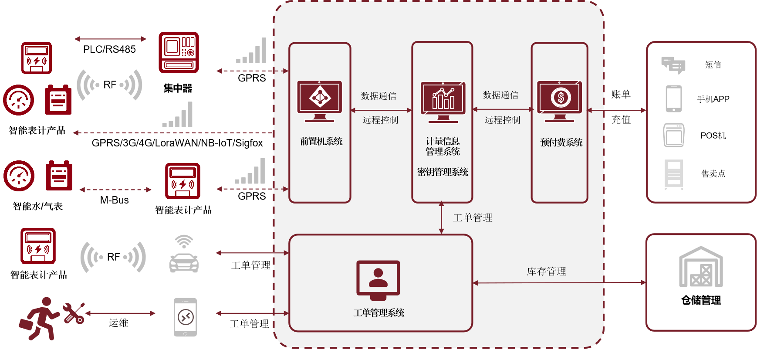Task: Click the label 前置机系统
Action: pyautogui.click(x=321, y=141)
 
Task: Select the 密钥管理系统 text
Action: pyautogui.click(x=443, y=172)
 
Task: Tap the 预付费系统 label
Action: pyautogui.click(x=561, y=143)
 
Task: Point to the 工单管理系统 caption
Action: pyautogui.click(x=379, y=313)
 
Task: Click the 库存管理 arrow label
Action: pyautogui.click(x=546, y=272)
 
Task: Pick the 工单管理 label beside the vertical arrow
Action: pyautogui.click(x=473, y=218)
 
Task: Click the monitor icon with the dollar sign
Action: pyautogui.click(x=560, y=101)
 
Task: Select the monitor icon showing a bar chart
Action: pyautogui.click(x=443, y=102)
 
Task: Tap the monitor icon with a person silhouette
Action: pyautogui.click(x=378, y=280)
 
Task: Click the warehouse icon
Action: pyautogui.click(x=701, y=267)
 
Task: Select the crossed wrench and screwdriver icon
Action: pyautogui.click(x=74, y=313)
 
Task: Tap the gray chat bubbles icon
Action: pyautogui.click(x=673, y=65)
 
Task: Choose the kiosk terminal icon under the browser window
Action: pyautogui.click(x=673, y=174)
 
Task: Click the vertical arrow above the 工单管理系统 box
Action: pyautogui.click(x=441, y=217)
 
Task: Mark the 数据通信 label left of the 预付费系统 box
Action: pyautogui.click(x=500, y=95)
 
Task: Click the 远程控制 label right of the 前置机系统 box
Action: pyautogui.click(x=380, y=120)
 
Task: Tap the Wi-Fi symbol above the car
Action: pyautogui.click(x=184, y=241)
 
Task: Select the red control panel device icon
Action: pyautogui.click(x=179, y=52)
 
